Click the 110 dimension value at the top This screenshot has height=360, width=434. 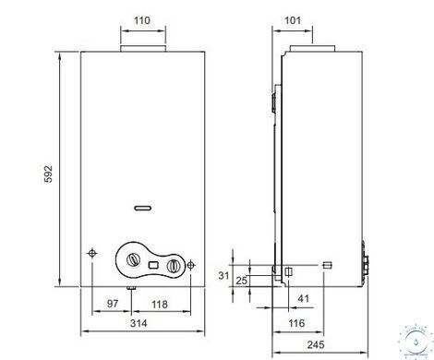pyautogui.click(x=142, y=20)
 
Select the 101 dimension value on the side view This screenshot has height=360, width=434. pyautogui.click(x=293, y=20)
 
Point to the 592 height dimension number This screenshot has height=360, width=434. pyautogui.click(x=48, y=174)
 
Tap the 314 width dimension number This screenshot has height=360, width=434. pyautogui.click(x=139, y=323)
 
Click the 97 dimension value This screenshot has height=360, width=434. pyautogui.click(x=113, y=304)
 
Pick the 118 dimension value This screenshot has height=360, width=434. pyautogui.click(x=160, y=305)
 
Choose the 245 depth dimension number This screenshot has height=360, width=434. pyautogui.click(x=316, y=344)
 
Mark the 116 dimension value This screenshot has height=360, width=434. pyautogui.click(x=296, y=323)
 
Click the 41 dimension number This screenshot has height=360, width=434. pyautogui.click(x=303, y=298)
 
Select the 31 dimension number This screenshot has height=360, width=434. pyautogui.click(x=223, y=276)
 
